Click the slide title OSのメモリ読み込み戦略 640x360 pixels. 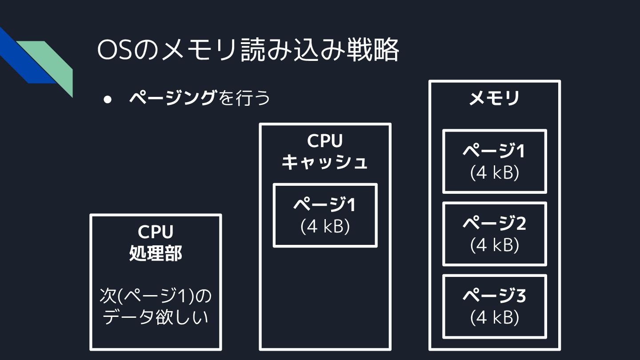click(248, 51)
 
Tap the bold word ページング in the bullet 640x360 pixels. click(172, 98)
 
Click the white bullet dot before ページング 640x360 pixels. click(107, 99)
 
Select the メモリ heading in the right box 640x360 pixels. click(494, 98)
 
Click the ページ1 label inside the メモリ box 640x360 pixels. click(494, 151)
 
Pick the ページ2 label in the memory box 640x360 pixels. click(494, 223)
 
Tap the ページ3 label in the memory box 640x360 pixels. click(494, 296)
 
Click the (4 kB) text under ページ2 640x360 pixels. click(494, 245)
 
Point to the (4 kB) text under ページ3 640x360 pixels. click(494, 317)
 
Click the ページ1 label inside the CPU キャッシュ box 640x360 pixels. click(325, 205)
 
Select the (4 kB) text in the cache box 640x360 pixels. click(325, 226)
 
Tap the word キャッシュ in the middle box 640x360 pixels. click(325, 162)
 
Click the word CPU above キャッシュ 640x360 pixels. click(325, 141)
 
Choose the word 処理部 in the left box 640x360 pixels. click(156, 254)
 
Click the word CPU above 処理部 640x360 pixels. click(156, 232)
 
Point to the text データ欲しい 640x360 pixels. click(156, 317)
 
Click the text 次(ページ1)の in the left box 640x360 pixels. click(156, 296)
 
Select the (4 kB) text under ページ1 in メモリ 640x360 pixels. click(494, 172)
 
